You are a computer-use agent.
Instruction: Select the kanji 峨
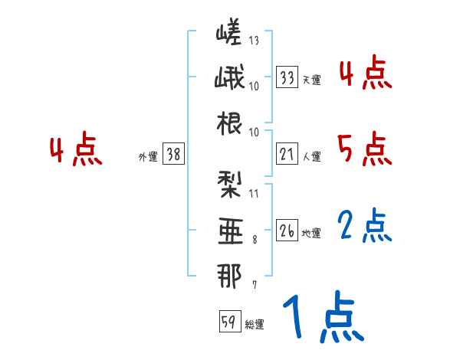tap(229, 79)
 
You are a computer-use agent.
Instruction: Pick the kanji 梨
tap(229, 184)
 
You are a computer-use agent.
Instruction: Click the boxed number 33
tap(287, 77)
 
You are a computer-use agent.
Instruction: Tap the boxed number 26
tap(287, 231)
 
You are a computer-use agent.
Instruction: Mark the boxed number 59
tap(228, 322)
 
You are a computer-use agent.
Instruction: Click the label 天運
tap(311, 80)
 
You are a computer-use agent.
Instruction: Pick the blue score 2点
tap(364, 225)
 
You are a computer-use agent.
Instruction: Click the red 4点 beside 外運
tap(75, 150)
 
